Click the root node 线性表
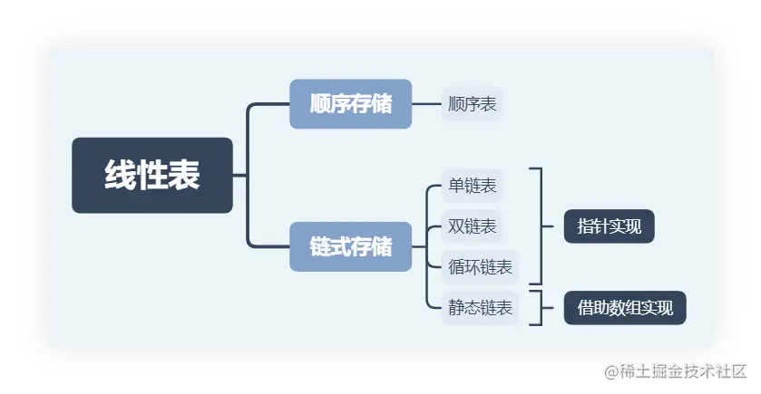pyautogui.click(x=152, y=175)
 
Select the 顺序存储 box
pyautogui.click(x=350, y=103)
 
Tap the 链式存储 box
pyautogui.click(x=350, y=246)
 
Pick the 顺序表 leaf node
pyautogui.click(x=472, y=104)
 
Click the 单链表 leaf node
pyautogui.click(x=472, y=187)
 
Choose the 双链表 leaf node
pyautogui.click(x=472, y=226)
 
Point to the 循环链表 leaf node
pyautogui.click(x=480, y=267)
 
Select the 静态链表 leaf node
pyautogui.click(x=480, y=308)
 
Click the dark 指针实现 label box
pyautogui.click(x=609, y=226)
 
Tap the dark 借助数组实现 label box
pyautogui.click(x=625, y=308)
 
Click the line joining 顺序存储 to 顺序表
pyautogui.click(x=426, y=104)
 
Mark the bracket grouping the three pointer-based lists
pyautogui.click(x=540, y=226)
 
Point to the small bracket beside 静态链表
pyautogui.click(x=540, y=308)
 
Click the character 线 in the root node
pyautogui.click(x=119, y=175)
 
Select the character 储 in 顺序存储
pyautogui.click(x=382, y=103)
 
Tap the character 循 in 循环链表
pyautogui.click(x=456, y=267)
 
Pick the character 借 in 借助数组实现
pyautogui.click(x=585, y=308)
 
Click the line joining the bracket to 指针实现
pyautogui.click(x=552, y=226)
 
